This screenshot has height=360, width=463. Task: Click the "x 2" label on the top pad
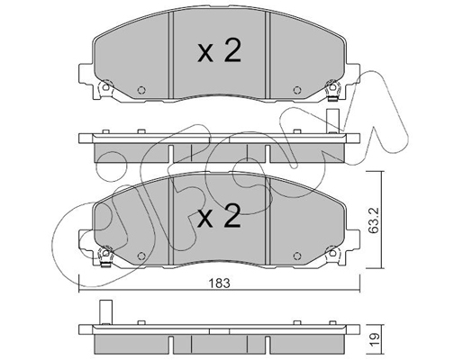(x=220, y=51)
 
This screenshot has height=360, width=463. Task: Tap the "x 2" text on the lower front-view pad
(x=220, y=216)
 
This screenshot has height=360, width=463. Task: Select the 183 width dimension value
(x=220, y=283)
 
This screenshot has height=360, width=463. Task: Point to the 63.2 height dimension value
(x=373, y=220)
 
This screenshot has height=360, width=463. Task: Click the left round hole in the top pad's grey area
(x=141, y=90)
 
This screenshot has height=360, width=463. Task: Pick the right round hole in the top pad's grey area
(x=297, y=90)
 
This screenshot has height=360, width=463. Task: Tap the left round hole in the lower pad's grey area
(x=141, y=256)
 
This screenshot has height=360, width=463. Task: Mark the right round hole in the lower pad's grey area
(x=297, y=256)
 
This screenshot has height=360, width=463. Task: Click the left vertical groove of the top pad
(x=171, y=55)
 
